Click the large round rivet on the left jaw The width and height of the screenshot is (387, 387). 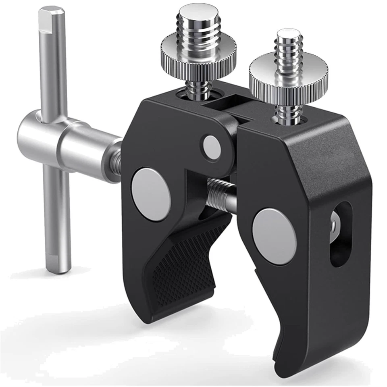151,194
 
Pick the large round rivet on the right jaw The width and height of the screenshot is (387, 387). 274,236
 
